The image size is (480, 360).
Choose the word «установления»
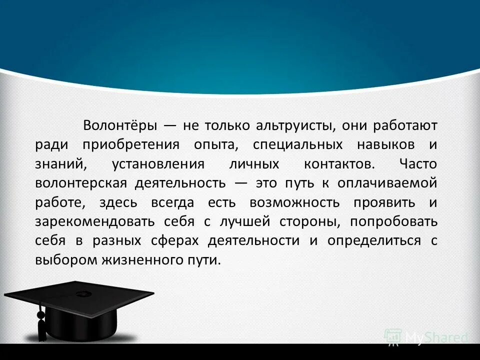pos(158,164)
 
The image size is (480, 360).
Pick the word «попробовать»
pos(393,221)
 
